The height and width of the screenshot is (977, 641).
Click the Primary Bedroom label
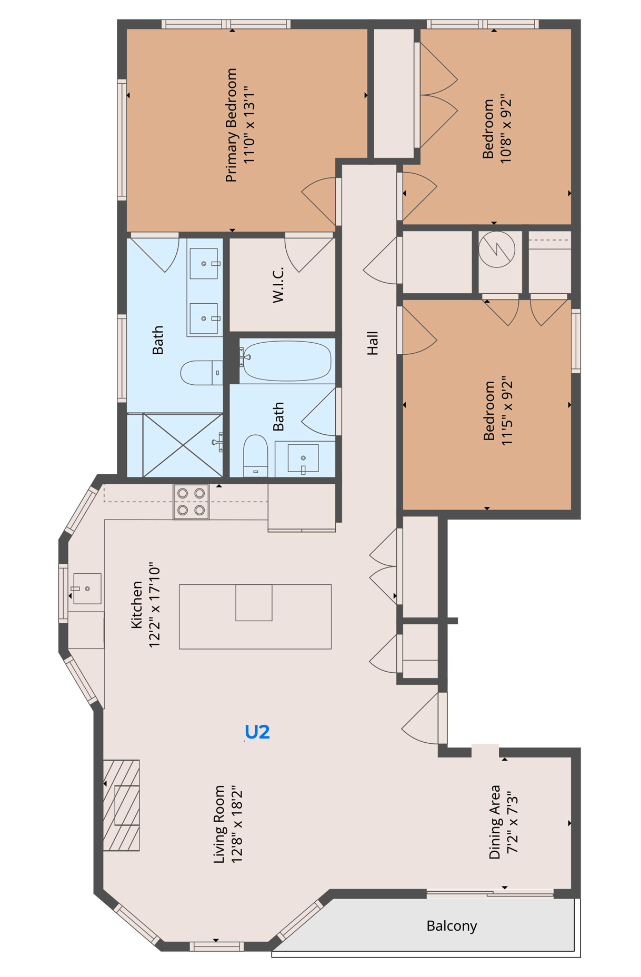click(x=231, y=125)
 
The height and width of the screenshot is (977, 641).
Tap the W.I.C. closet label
click(x=278, y=285)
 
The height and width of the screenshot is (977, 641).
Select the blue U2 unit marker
click(x=257, y=732)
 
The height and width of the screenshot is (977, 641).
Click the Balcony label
click(x=452, y=925)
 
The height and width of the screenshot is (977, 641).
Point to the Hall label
click(x=373, y=343)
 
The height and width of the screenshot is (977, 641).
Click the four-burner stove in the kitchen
click(x=191, y=502)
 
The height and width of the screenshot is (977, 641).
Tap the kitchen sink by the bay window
click(x=86, y=589)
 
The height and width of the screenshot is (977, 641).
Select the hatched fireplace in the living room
click(x=122, y=805)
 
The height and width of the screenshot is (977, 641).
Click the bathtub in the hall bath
click(x=287, y=361)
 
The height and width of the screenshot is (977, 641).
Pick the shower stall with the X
click(x=183, y=445)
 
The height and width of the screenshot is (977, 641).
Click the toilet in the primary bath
click(x=200, y=373)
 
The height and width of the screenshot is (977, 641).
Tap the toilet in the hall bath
click(x=256, y=454)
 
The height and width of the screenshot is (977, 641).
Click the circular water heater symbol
click(x=497, y=249)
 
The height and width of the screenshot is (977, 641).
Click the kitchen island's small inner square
click(x=254, y=602)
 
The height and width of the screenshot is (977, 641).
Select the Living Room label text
click(x=219, y=824)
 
